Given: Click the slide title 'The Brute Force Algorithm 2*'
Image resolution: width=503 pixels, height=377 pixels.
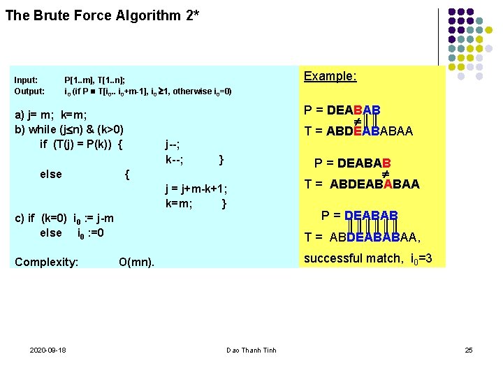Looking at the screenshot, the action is pos(102,15).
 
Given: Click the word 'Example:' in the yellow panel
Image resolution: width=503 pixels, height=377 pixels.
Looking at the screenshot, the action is pos(330,76).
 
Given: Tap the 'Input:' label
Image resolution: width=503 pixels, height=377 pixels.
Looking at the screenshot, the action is pos(26,80).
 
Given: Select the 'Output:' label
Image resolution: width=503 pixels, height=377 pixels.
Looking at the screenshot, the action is pos(29,91).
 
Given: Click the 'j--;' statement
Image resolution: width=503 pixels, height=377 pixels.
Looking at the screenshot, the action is pos(173,145).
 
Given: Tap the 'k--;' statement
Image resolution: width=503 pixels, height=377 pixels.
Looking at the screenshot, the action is pos(175,160).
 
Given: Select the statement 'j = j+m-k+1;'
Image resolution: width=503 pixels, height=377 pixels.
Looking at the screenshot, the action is pos(196,188).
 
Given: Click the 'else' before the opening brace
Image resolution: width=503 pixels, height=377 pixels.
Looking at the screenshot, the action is pos(51,174).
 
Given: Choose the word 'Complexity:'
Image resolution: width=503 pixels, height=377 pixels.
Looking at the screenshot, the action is pos(46,262).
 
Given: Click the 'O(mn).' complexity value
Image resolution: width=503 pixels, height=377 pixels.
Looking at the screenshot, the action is pos(136,263).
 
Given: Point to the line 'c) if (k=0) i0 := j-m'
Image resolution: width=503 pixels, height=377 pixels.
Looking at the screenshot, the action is pos(64,219).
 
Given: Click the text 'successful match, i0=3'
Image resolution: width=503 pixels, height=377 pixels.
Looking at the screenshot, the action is pos(367,259).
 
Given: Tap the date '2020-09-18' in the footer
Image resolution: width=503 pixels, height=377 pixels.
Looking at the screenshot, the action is pos(48,349).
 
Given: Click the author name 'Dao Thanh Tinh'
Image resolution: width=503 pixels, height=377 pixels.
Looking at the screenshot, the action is pos(251,350).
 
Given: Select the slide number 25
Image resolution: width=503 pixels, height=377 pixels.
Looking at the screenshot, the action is pos(469,349).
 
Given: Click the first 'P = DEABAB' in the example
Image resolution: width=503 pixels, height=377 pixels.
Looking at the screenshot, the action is pos(342,110).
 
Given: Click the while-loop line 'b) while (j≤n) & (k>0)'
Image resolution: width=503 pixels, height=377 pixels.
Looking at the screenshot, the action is pos(69,129).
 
